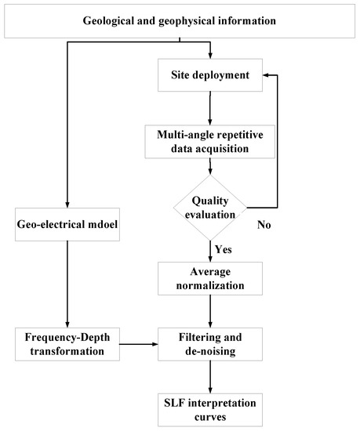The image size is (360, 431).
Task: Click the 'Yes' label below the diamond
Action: click(x=223, y=250)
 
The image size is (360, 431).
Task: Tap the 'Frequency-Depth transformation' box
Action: click(x=67, y=344)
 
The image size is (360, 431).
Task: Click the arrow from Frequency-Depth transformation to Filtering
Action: click(x=138, y=344)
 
